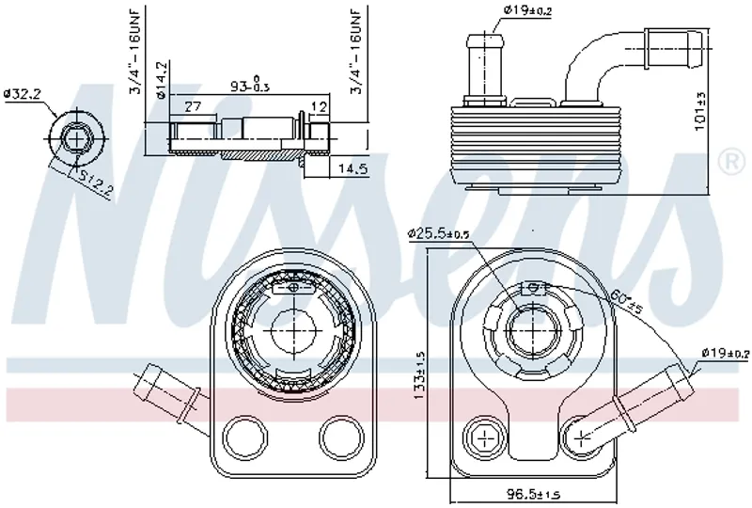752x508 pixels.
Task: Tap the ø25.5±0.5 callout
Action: (441, 233)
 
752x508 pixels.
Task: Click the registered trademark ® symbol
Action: (729, 161)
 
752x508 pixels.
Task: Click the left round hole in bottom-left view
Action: (246, 435)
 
